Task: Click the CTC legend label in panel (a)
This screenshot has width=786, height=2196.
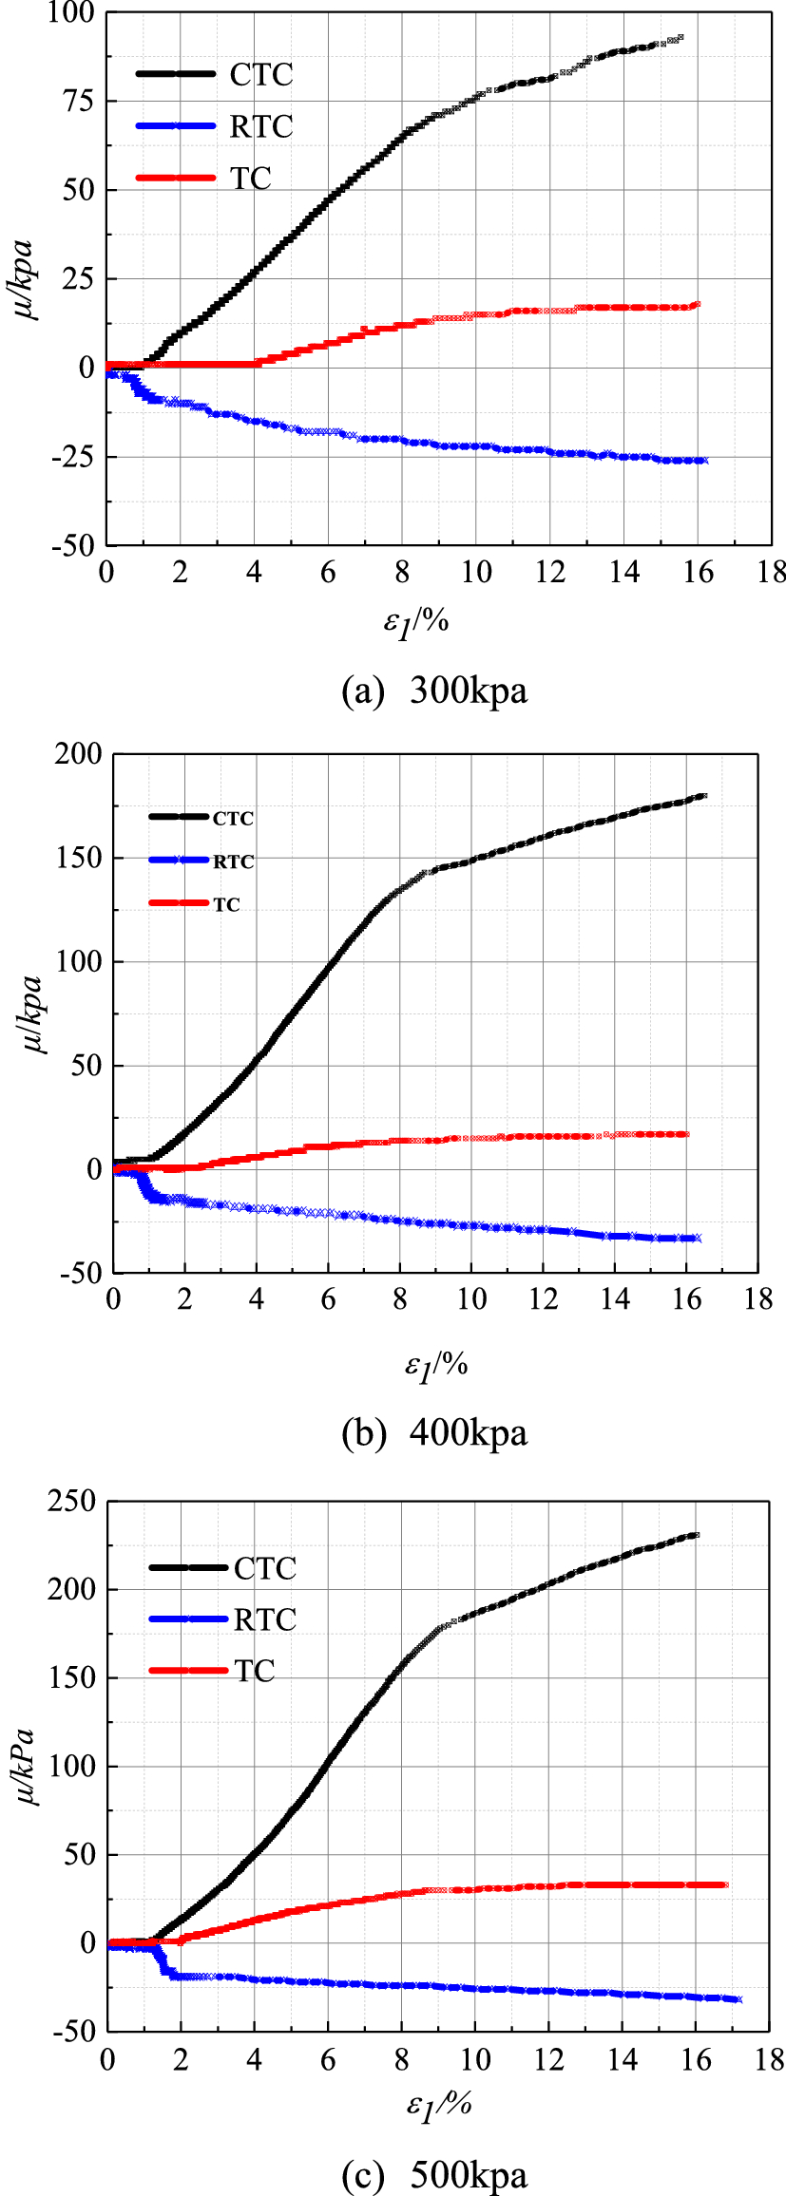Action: (x=261, y=74)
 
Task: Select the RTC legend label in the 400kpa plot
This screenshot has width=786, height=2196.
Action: (x=233, y=861)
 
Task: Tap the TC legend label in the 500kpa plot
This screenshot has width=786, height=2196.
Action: (x=255, y=1671)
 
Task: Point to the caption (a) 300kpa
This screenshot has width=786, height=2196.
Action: (x=434, y=691)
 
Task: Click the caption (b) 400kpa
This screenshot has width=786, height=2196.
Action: (x=434, y=1432)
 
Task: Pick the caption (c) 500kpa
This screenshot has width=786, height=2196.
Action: (x=434, y=2175)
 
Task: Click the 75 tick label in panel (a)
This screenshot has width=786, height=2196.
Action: (x=78, y=101)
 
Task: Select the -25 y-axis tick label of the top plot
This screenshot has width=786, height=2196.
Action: (x=72, y=457)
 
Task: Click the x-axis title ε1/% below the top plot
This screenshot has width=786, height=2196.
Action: (x=415, y=623)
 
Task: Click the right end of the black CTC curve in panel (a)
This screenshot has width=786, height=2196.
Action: (x=680, y=38)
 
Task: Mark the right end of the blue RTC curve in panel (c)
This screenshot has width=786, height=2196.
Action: (x=738, y=1999)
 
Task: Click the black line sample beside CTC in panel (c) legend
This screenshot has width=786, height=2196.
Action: (x=188, y=1568)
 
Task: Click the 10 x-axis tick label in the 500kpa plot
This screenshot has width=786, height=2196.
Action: (x=475, y=2059)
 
